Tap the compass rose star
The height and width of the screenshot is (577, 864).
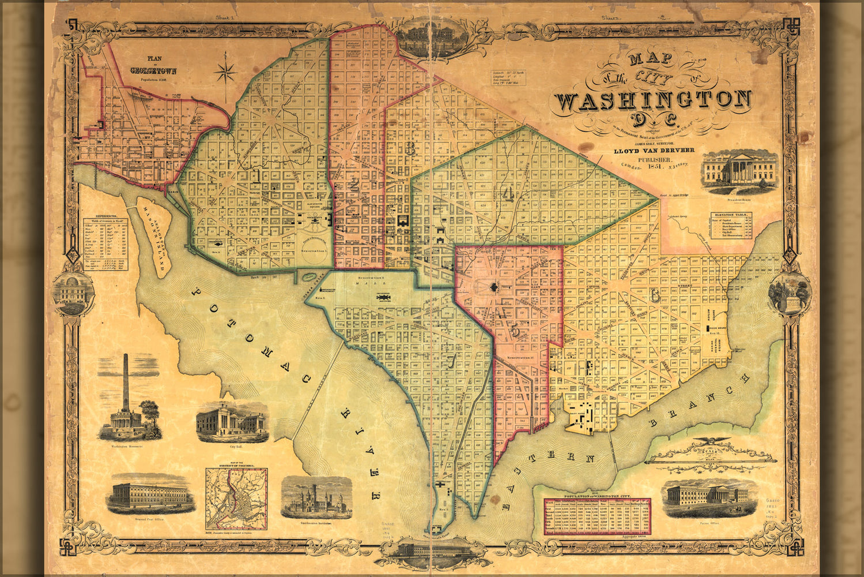(225, 73)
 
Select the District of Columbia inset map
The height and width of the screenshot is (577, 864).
(236, 499)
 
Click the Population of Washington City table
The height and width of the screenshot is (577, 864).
(597, 516)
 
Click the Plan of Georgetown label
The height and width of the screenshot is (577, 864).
(153, 65)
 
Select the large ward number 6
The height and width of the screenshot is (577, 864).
(655, 295)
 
